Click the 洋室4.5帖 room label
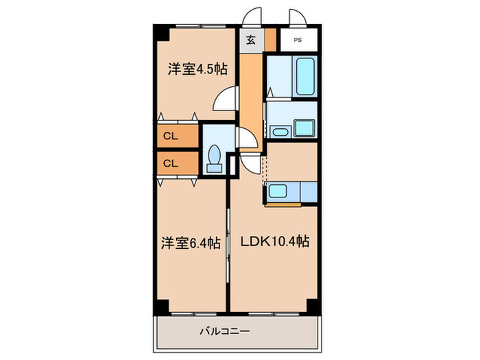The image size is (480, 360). [198, 69]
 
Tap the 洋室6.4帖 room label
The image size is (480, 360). [191, 242]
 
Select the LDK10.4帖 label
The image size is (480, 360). [274, 242]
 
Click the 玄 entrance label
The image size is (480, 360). [251, 40]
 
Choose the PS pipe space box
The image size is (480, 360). [298, 40]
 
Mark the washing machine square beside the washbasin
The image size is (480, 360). [303, 128]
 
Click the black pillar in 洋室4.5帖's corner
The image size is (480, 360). [160, 33]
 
